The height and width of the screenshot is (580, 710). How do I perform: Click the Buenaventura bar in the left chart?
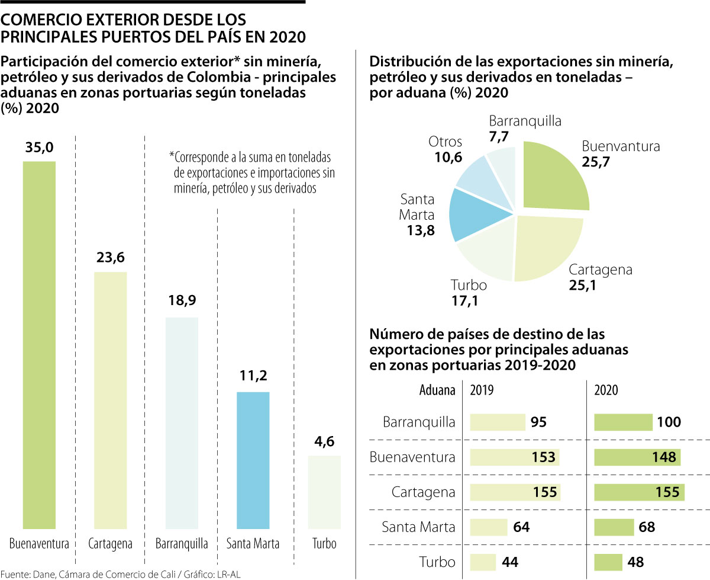coord(39,344)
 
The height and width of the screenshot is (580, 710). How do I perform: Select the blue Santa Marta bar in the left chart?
coord(253,460)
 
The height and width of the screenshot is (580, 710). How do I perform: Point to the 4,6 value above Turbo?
coord(324,441)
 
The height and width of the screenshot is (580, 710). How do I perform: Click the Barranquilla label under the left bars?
coord(182,544)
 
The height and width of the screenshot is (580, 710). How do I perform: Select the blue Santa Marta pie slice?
coord(478,213)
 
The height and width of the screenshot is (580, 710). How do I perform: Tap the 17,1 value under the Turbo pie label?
coord(464,300)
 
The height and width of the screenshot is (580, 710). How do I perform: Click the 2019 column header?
coord(483,390)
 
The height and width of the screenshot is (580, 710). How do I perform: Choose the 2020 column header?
coord(607,390)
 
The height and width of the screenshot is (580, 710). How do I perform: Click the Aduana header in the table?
coord(437,390)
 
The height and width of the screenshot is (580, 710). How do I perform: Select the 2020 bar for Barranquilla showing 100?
coord(623,422)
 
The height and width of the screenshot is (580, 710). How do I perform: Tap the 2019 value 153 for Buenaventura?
coord(543,457)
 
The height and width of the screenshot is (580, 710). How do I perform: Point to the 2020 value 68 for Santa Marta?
coord(647,527)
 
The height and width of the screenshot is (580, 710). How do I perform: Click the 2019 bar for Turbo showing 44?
coord(483,561)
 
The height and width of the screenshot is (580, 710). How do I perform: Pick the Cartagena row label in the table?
coord(423,492)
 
